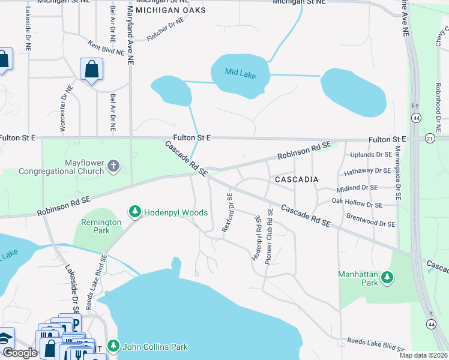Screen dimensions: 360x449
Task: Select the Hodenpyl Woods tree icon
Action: [x=135, y=212]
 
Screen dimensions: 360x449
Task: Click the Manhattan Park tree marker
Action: [x=388, y=278]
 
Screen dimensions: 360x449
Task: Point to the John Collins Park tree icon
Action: [x=113, y=346]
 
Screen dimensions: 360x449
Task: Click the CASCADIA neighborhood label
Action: [x=296, y=179]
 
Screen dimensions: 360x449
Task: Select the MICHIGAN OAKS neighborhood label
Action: [x=170, y=11]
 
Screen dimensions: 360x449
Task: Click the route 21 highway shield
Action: [x=429, y=139]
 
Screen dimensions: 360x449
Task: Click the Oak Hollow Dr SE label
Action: [x=357, y=205]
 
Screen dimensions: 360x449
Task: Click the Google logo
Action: [x=20, y=353]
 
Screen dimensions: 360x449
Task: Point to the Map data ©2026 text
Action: [x=423, y=355]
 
